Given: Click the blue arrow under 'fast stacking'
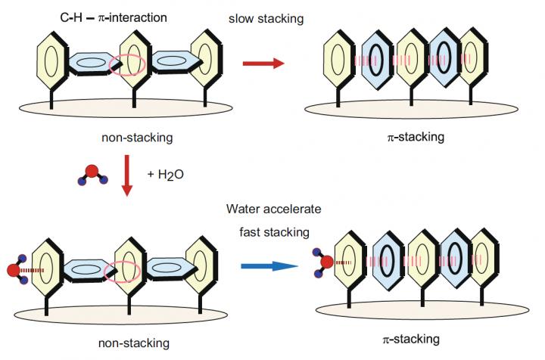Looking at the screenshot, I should [270, 266].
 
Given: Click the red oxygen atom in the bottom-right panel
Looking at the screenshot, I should [325, 262].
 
